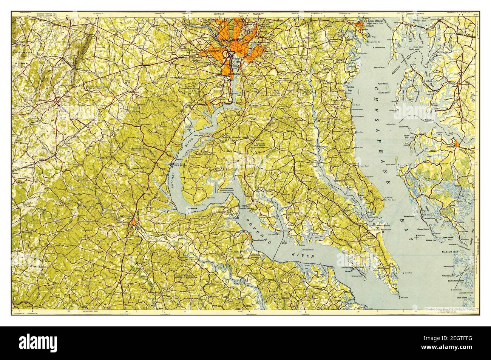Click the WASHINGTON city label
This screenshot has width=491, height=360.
235,39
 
